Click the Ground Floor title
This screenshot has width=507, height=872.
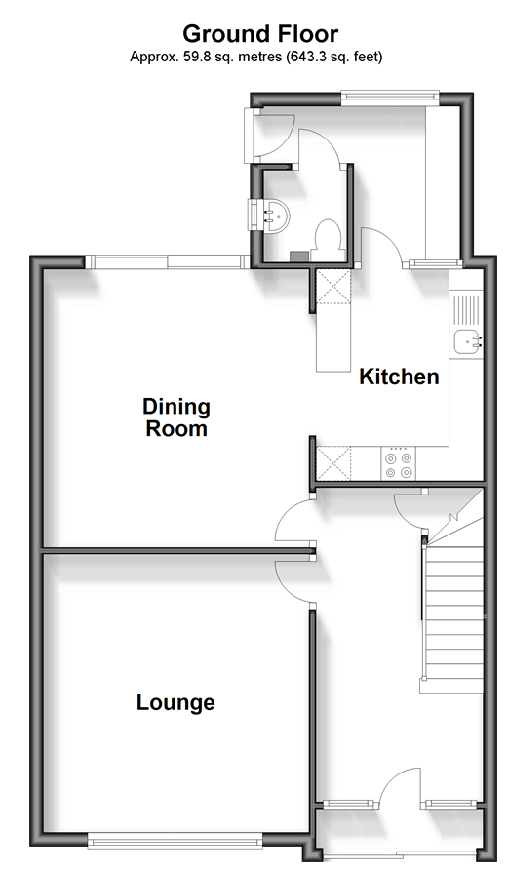click(x=260, y=34)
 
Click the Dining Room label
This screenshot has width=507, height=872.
click(x=176, y=417)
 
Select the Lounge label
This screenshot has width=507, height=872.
click(x=175, y=702)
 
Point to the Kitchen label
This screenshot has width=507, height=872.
click(x=399, y=377)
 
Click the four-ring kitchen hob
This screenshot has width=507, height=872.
click(x=399, y=463)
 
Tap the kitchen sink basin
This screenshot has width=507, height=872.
click(x=468, y=341)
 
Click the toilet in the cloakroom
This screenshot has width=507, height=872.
click(x=327, y=240)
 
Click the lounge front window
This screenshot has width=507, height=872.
click(x=175, y=841)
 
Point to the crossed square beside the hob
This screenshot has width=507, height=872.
click(x=333, y=463)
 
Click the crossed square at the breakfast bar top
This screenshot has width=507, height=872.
click(x=333, y=287)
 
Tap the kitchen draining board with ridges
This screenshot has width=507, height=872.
click(x=466, y=310)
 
